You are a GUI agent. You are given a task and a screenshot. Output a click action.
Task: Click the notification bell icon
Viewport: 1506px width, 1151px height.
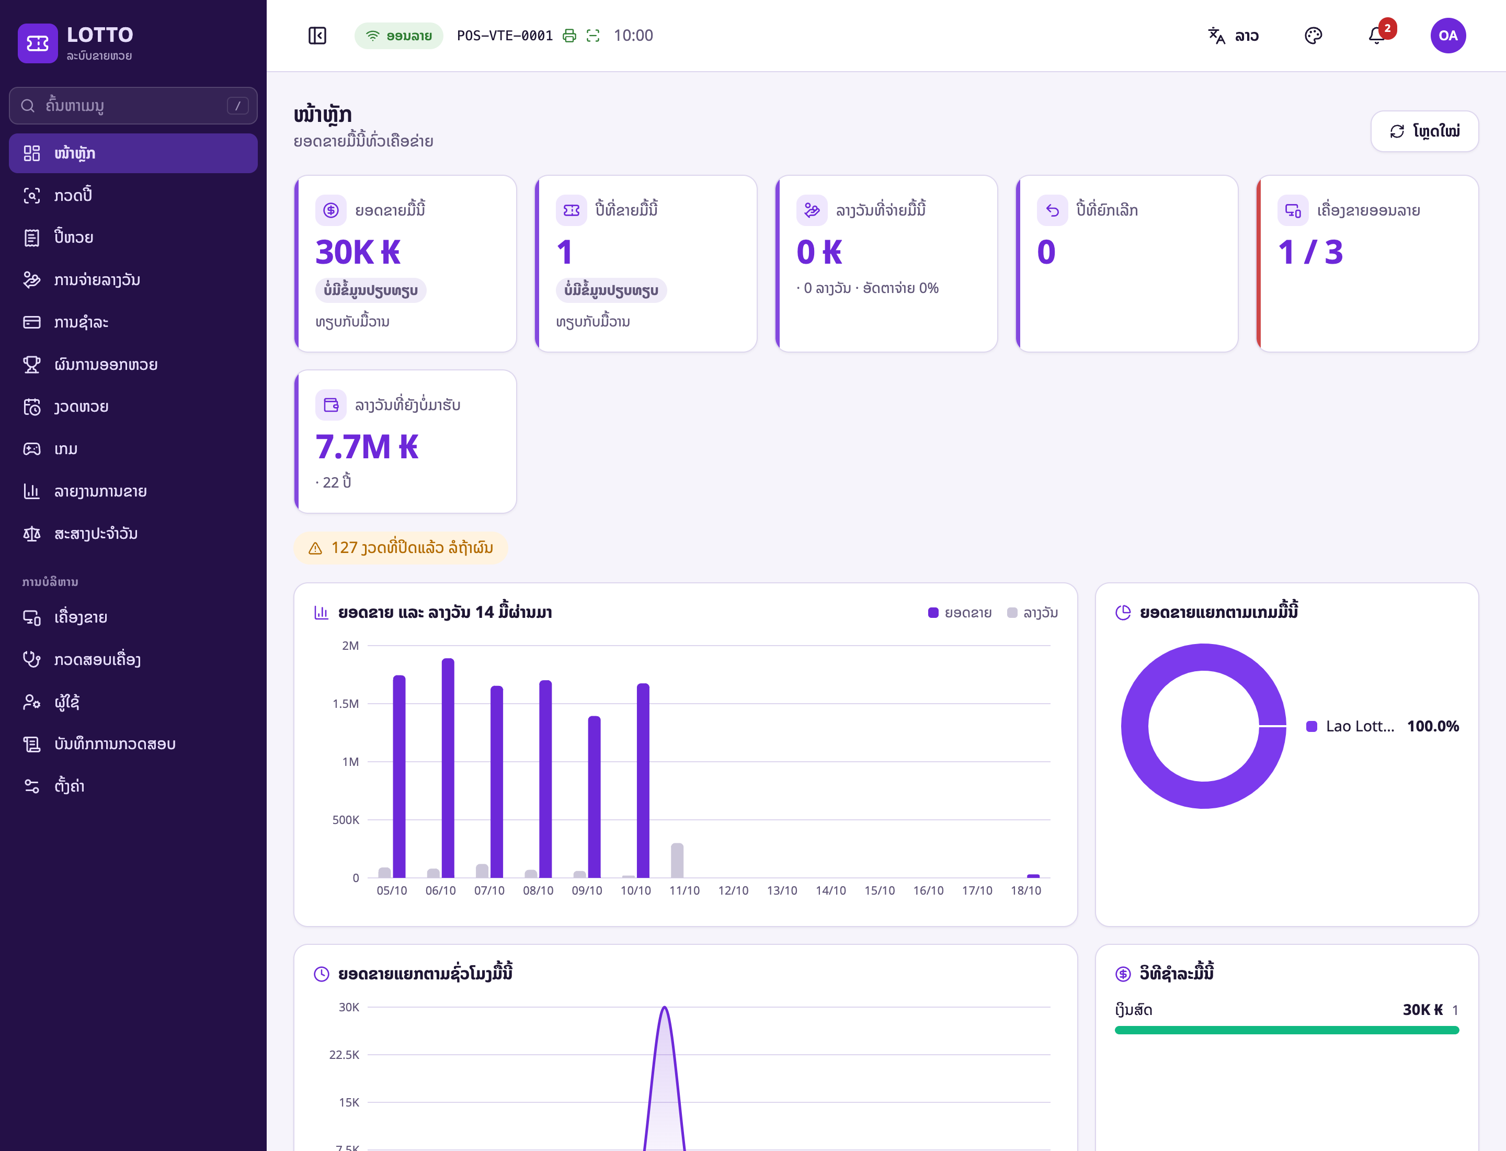tap(1376, 36)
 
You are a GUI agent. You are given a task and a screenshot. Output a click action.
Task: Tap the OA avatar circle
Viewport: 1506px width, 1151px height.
tap(1448, 36)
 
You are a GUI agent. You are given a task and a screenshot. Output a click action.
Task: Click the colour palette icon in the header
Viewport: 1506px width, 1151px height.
tap(1313, 36)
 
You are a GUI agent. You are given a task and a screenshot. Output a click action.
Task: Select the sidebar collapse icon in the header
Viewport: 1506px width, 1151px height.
tap(317, 36)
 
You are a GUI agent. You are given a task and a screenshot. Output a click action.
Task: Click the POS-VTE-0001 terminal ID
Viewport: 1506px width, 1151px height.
tap(505, 36)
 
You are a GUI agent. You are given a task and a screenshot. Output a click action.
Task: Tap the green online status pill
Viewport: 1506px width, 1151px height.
tap(398, 36)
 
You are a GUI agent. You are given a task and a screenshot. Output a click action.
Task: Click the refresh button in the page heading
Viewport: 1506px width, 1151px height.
tap(1424, 131)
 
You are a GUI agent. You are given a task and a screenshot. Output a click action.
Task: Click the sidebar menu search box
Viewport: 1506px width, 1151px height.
tap(133, 106)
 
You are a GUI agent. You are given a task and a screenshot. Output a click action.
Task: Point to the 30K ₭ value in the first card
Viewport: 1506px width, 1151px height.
tap(358, 252)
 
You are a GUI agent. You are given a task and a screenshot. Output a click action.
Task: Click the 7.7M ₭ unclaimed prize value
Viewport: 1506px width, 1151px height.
tap(367, 447)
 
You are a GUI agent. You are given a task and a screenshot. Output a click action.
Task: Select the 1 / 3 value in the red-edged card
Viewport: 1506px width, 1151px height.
tap(1310, 252)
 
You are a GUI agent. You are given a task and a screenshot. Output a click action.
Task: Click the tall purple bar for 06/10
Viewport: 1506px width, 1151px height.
tap(448, 768)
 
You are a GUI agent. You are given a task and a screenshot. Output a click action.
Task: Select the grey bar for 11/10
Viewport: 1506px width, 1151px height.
tap(677, 861)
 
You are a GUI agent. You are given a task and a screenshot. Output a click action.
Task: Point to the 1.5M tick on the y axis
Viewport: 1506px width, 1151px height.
tap(346, 704)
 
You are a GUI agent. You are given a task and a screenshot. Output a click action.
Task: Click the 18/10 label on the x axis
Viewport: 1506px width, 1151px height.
tap(1026, 890)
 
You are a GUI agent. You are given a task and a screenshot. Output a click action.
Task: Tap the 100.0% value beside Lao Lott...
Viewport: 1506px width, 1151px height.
tap(1433, 726)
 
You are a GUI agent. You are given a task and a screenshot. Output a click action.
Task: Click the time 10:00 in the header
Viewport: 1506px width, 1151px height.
tap(633, 36)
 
